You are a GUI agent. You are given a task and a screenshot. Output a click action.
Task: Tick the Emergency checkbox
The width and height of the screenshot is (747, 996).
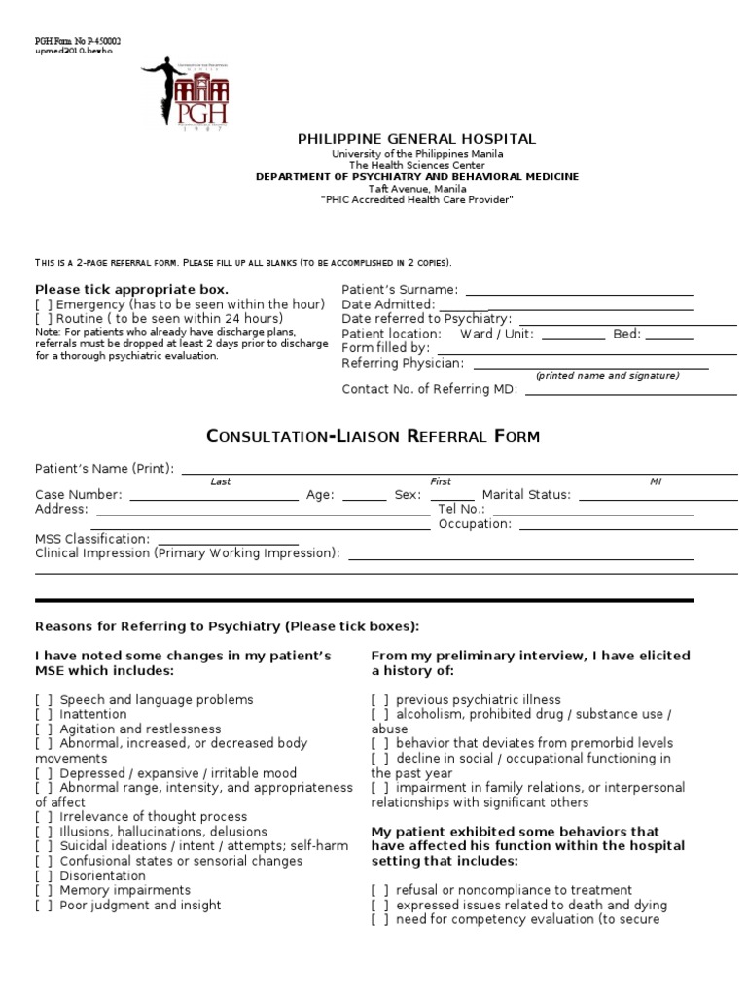pos(43,304)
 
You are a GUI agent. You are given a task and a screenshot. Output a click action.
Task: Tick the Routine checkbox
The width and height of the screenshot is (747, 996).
pos(43,318)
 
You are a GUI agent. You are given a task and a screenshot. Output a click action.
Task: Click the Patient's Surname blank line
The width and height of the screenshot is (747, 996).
pos(580,290)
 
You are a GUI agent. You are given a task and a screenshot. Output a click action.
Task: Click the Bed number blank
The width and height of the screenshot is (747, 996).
pos(669,334)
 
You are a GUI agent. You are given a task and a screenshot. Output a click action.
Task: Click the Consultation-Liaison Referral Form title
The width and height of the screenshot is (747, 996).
pos(373,436)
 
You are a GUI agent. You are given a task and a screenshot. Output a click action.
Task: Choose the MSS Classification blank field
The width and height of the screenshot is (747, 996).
pos(228,539)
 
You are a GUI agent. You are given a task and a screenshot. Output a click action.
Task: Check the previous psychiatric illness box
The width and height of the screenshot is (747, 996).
pos(379,699)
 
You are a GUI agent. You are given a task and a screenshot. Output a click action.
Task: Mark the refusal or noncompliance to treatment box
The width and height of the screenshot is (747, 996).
pos(379,890)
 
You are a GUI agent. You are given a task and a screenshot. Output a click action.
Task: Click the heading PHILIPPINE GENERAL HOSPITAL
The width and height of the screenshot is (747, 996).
pos(416,140)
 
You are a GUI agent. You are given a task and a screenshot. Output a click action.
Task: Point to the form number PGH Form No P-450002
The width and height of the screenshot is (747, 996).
pos(78,41)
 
